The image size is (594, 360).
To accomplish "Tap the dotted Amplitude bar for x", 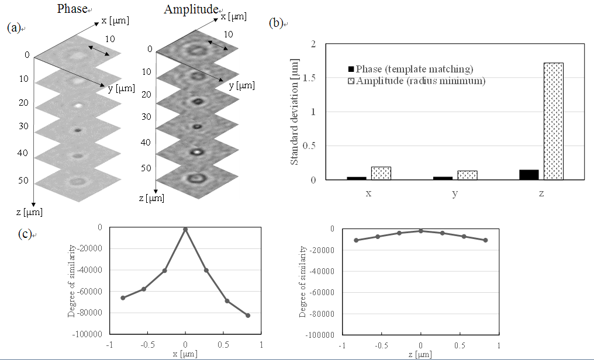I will [x=381, y=173].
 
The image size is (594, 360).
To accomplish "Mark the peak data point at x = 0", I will [x=185, y=230].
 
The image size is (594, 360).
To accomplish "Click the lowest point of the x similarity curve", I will [x=248, y=316].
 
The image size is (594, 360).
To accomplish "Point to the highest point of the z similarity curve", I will [x=420, y=231].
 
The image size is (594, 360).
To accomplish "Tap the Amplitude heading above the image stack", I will [x=191, y=9].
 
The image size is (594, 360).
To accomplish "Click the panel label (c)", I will [x=25, y=234].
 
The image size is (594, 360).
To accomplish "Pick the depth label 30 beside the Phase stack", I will [x=23, y=126].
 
